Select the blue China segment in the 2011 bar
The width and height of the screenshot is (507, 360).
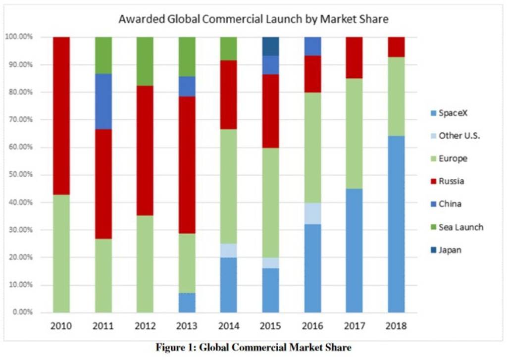coord(103,102)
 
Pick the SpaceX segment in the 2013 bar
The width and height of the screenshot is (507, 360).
coord(187,303)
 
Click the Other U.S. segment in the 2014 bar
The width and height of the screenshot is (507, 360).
coord(228,251)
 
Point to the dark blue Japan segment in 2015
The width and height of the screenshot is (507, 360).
coord(270,46)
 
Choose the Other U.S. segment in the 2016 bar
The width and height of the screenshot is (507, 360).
coord(312,213)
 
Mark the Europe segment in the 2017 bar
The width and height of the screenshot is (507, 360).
coord(354,134)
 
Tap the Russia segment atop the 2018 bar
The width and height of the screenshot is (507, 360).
coord(396,47)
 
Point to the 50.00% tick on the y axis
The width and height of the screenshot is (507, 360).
coord(19,175)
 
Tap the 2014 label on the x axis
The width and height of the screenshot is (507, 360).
coord(228,326)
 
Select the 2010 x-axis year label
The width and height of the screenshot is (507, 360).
coord(61,326)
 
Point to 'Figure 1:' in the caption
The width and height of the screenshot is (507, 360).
coord(176,348)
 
